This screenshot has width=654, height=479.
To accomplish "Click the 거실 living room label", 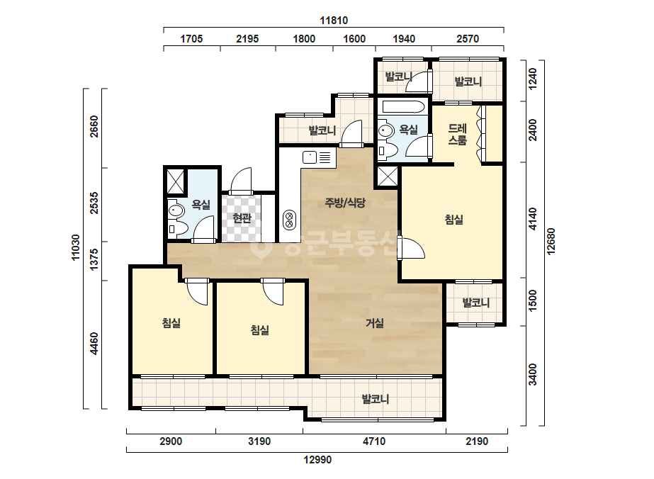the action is (375, 322).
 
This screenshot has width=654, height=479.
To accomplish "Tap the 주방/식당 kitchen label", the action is (345, 203).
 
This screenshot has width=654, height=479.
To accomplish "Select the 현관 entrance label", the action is (242, 218).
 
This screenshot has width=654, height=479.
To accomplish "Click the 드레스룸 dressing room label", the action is (457, 135).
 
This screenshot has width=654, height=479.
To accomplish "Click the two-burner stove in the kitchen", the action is (288, 220).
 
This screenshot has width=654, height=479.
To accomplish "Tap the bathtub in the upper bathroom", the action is (403, 107).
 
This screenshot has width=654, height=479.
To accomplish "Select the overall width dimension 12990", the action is (317, 460).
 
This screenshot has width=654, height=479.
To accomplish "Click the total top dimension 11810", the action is (334, 20).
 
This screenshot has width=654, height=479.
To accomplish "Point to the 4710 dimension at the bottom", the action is (374, 441).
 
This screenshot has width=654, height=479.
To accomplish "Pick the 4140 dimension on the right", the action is (533, 219).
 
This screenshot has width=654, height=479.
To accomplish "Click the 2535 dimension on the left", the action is (94, 203).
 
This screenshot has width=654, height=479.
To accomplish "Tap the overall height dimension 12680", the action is (551, 241).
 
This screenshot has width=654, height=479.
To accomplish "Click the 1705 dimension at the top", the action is (191, 39).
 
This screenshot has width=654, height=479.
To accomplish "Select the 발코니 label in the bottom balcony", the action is (376, 399).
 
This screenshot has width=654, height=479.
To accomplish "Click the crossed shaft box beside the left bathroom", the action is (175, 181).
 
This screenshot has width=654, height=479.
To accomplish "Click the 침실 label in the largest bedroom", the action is (453, 219).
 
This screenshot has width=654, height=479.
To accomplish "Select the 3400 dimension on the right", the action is (533, 375).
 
